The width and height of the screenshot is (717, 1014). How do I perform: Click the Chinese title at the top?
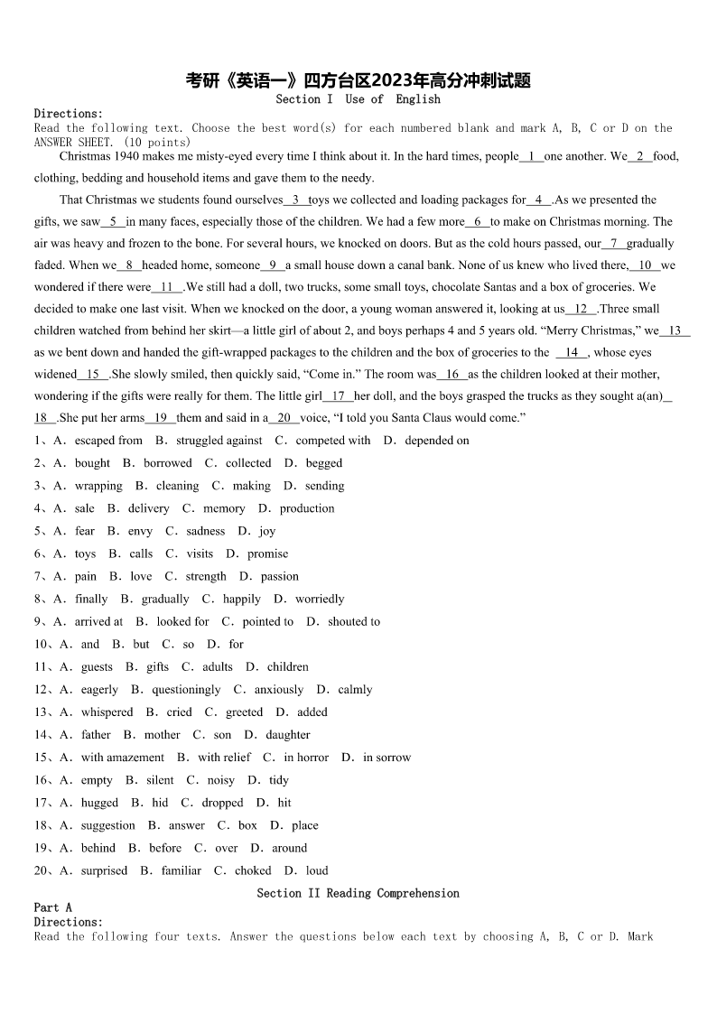pos(358,81)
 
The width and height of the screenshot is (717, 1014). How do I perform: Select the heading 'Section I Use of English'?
pos(358,99)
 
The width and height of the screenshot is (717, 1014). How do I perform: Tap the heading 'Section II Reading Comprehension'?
pos(358,893)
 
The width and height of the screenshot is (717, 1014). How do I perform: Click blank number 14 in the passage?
pos(572,352)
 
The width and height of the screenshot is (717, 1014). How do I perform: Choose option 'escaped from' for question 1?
pos(108,441)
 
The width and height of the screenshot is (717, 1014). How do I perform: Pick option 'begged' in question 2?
pos(324,463)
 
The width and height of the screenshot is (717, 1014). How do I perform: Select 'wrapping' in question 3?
pos(98,486)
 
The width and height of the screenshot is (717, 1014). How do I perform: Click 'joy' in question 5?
pos(267,531)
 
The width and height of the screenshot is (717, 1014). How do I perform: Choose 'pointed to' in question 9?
pos(268,621)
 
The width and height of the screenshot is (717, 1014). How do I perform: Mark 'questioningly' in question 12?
pos(186,689)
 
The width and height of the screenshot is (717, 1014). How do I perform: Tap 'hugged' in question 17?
pos(99,803)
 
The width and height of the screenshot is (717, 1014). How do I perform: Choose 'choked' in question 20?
pos(253,870)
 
